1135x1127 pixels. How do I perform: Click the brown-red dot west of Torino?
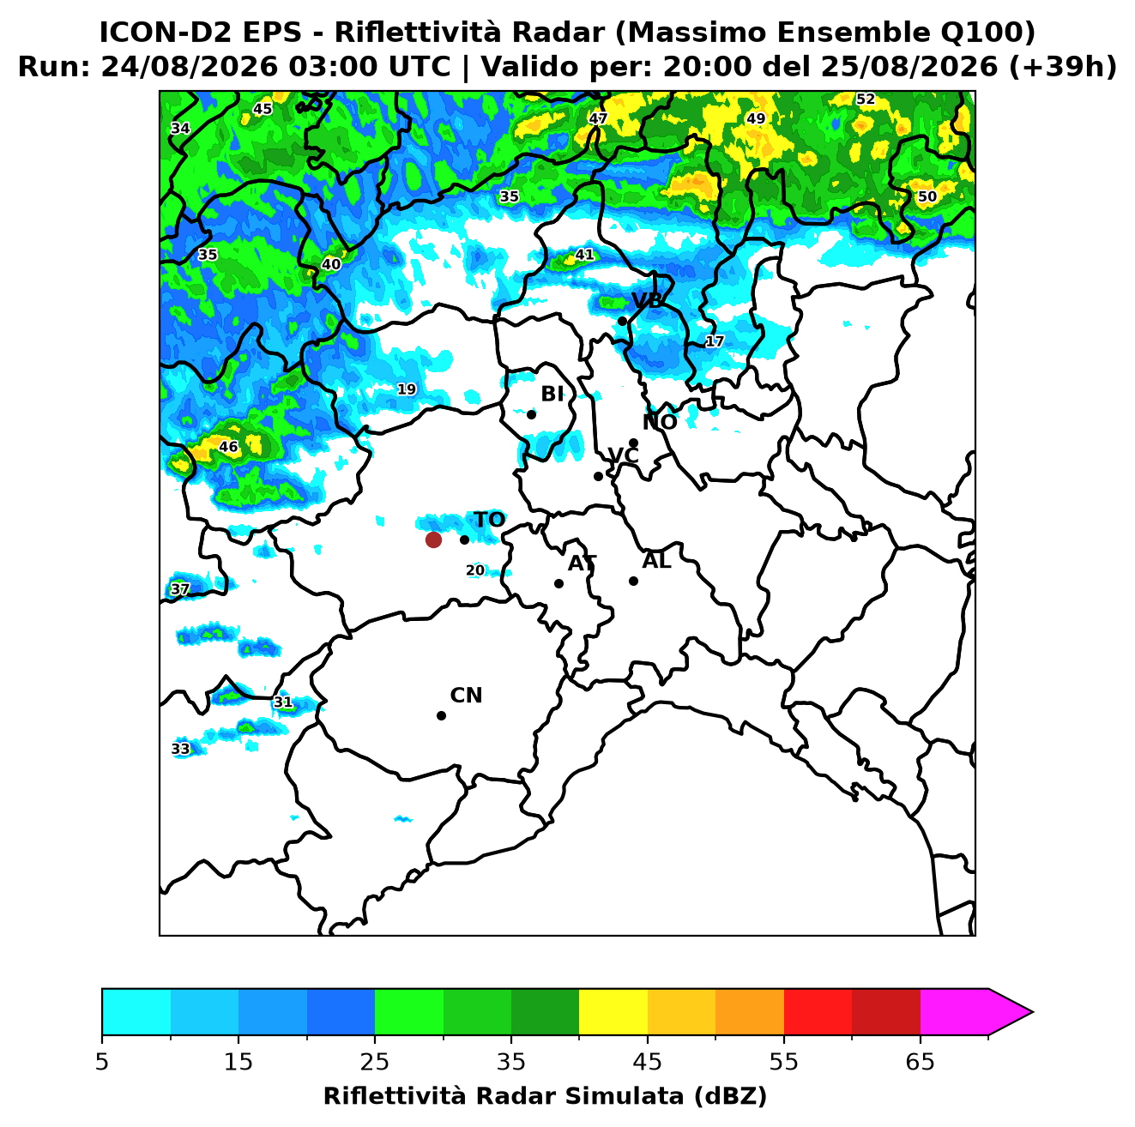tap(433, 539)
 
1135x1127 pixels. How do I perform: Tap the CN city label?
tap(466, 696)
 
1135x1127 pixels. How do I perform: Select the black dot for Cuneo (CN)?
tap(441, 716)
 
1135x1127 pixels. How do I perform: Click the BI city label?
tap(552, 395)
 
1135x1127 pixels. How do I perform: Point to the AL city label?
tap(656, 561)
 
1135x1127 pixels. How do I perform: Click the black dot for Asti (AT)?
tap(559, 584)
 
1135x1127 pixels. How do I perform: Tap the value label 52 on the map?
tap(866, 99)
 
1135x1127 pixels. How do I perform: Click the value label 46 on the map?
tap(228, 447)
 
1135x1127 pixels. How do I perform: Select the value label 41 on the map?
tap(584, 255)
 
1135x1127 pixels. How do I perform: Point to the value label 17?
tap(715, 341)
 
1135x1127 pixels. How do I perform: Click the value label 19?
tap(407, 389)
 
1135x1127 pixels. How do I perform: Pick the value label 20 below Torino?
tap(475, 570)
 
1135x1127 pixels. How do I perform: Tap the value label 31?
tap(283, 702)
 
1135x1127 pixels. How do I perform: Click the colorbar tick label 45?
tap(648, 1062)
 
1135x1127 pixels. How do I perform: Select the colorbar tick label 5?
tap(102, 1062)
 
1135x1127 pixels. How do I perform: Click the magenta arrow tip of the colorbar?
tap(1032, 1013)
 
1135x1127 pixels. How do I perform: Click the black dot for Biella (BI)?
tap(531, 415)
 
